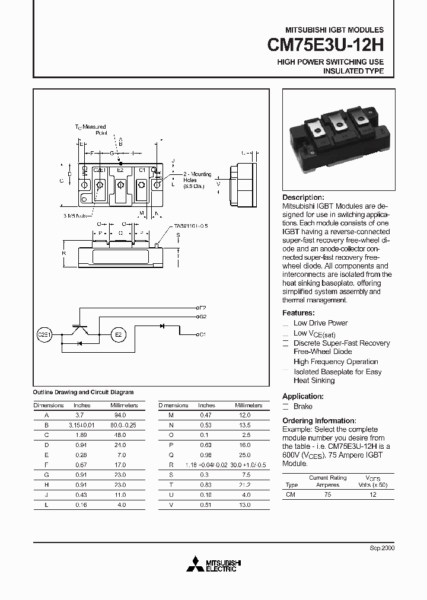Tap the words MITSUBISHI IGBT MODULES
(334, 30)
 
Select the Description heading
(303, 197)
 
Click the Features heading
(298, 313)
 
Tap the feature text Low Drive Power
(320, 323)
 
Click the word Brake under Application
(302, 407)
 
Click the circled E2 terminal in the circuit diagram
(118, 335)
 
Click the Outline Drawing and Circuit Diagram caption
(82, 392)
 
